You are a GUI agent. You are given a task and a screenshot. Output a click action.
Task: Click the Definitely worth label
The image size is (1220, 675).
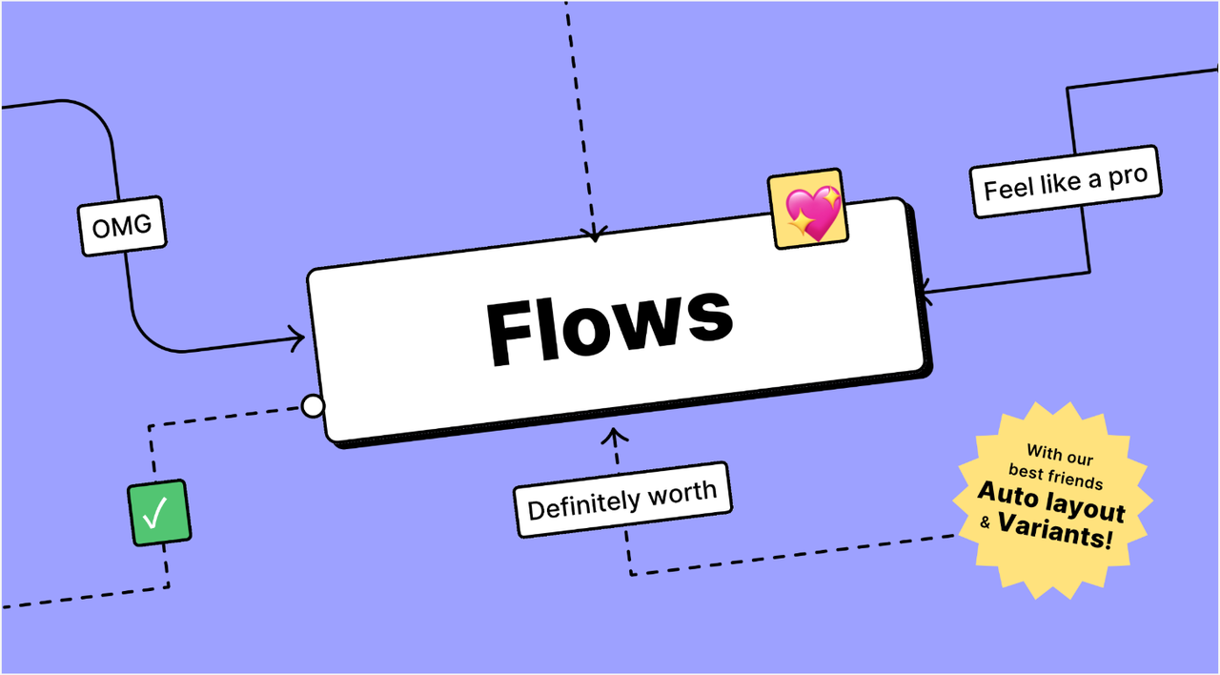(622, 500)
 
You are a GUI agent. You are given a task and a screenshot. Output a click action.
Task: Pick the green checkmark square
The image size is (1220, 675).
(158, 513)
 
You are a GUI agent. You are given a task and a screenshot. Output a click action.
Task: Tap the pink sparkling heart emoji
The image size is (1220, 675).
(807, 210)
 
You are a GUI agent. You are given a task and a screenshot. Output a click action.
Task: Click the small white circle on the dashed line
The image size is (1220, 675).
(313, 407)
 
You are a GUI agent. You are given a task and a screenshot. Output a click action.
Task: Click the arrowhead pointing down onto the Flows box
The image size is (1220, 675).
(595, 233)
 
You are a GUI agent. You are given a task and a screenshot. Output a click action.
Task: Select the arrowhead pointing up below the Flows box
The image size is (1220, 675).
(616, 437)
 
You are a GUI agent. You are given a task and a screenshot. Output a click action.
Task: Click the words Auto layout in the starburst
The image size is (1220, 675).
(1051, 502)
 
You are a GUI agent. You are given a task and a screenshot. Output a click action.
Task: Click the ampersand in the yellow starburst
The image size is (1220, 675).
(986, 522)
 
